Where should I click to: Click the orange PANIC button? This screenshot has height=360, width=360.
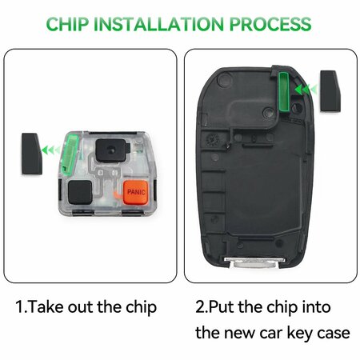point(135,192)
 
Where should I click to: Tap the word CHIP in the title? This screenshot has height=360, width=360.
point(67,24)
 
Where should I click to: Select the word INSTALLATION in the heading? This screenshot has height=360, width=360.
point(158,24)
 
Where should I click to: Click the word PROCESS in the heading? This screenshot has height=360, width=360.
point(270,24)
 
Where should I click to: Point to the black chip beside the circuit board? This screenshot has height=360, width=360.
point(31,154)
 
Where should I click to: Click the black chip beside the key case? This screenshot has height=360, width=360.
point(331,91)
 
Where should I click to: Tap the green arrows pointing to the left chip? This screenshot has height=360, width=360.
point(51,150)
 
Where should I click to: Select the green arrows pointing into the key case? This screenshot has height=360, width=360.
point(306,89)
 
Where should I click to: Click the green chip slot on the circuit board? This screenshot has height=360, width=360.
point(70,154)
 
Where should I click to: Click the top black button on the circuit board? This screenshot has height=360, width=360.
point(111,150)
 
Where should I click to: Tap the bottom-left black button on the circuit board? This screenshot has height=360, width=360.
point(80,192)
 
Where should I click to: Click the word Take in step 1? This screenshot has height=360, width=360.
point(46,307)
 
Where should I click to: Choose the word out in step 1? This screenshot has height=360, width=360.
point(81,307)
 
